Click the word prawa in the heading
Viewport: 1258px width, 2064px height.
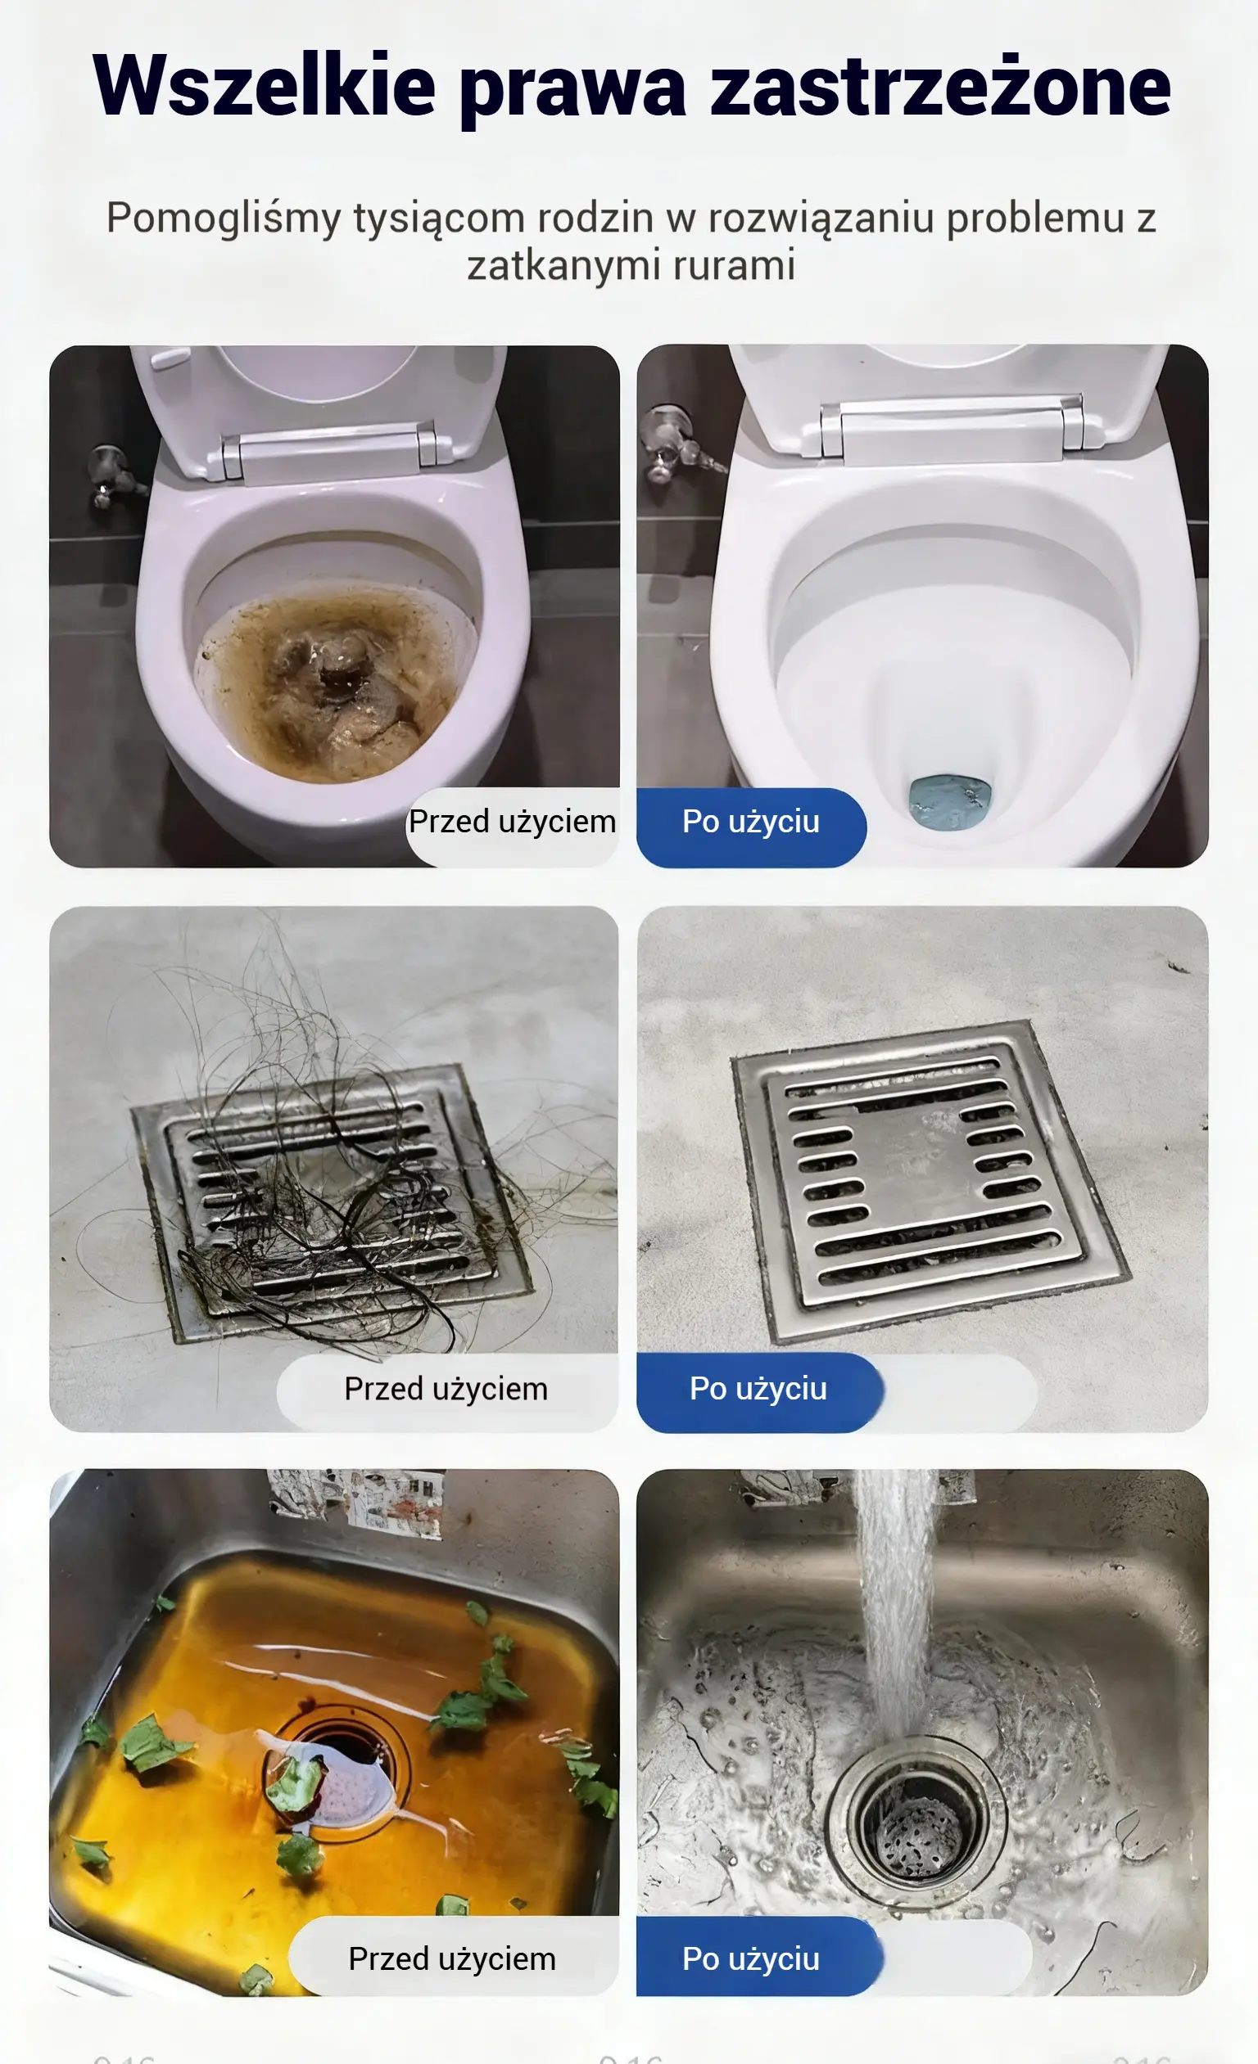(573, 92)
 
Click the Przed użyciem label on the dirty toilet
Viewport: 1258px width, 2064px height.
(512, 822)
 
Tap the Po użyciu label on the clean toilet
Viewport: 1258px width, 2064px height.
(751, 822)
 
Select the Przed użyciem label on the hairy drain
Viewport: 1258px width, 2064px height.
(446, 1389)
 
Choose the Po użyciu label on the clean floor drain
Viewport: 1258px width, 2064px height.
(758, 1389)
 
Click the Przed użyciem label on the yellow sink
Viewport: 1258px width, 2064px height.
(453, 1959)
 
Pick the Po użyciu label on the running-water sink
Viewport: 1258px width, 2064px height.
(751, 1959)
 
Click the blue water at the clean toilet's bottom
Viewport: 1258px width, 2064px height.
(950, 803)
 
